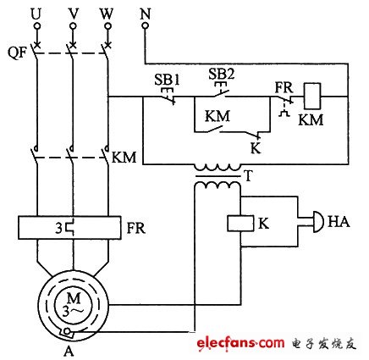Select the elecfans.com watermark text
point(240,341)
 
